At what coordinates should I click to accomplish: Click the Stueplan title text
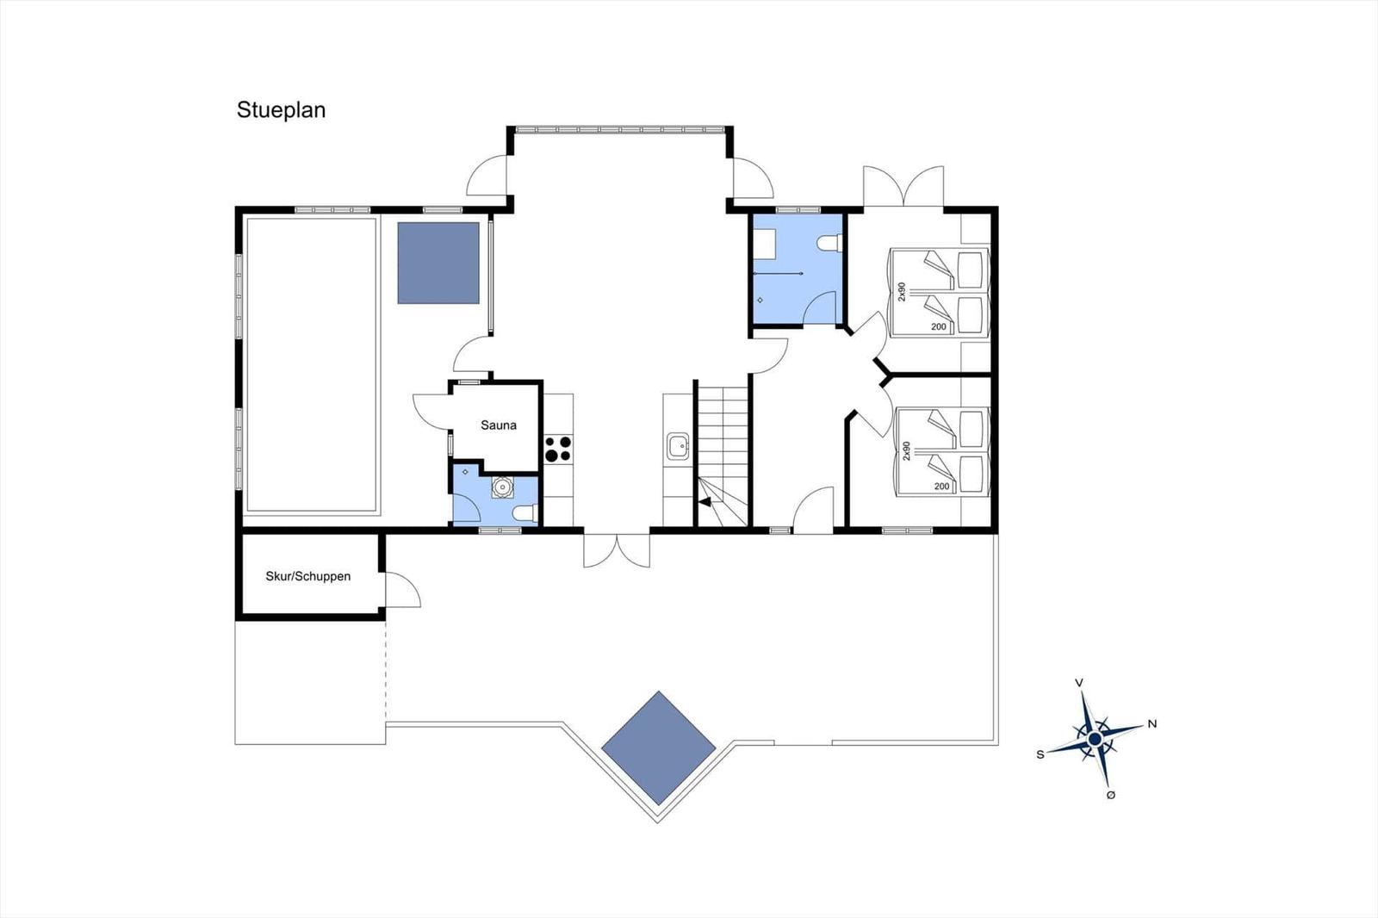281,110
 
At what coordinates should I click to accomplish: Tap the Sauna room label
499,425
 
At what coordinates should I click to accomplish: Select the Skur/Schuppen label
308,576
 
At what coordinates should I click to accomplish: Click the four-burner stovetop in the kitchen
558,449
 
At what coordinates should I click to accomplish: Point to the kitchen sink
678,446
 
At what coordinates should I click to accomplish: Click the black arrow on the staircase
705,502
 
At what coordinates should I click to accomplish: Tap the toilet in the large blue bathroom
829,243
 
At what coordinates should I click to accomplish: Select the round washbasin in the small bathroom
503,487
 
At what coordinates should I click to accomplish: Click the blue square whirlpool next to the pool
438,263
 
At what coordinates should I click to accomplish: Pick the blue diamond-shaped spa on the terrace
658,748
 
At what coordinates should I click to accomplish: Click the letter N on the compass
1152,724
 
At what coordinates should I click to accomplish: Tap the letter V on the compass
1078,683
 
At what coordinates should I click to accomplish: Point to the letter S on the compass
1040,755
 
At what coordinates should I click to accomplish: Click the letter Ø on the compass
1110,796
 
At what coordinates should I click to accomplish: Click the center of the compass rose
1095,739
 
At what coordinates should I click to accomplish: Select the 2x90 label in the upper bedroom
902,292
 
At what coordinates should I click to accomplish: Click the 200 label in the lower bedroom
942,487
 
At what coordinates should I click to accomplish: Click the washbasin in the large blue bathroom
766,244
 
